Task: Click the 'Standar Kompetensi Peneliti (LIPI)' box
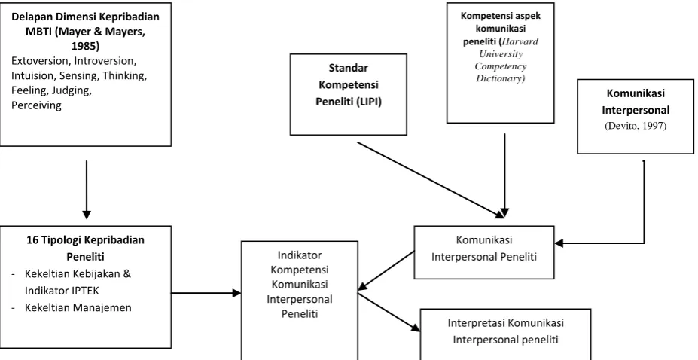pyautogui.click(x=348, y=94)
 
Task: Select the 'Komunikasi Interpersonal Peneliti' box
pyautogui.click(x=484, y=252)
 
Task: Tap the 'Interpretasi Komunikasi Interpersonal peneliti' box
pyautogui.click(x=505, y=334)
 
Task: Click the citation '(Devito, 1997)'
pyautogui.click(x=636, y=126)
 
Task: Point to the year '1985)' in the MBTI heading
pyautogui.click(x=86, y=46)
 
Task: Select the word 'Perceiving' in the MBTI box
pyautogui.click(x=36, y=106)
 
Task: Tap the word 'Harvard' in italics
pyautogui.click(x=520, y=41)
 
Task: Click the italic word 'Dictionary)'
pyautogui.click(x=501, y=79)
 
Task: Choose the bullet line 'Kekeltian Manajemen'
pyautogui.click(x=78, y=307)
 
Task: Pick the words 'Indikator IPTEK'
pyautogui.click(x=62, y=291)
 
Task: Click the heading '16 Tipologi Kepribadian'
pyautogui.click(x=86, y=239)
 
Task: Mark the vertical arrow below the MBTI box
pyautogui.click(x=87, y=190)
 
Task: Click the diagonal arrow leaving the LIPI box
pyautogui.click(x=431, y=180)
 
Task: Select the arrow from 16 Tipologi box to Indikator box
pyautogui.click(x=206, y=293)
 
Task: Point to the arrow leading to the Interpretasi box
pyautogui.click(x=389, y=312)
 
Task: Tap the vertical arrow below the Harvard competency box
pyautogui.click(x=504, y=175)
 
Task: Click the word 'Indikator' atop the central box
pyautogui.click(x=299, y=255)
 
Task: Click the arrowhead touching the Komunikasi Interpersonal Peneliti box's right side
pyautogui.click(x=559, y=243)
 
